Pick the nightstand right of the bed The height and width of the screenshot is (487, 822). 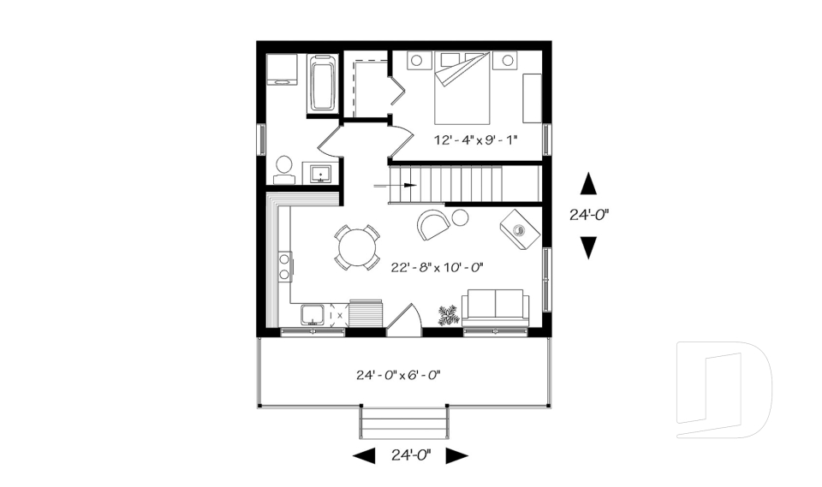(x=507, y=60)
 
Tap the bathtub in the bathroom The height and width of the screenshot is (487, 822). (x=322, y=84)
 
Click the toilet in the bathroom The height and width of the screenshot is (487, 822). (x=283, y=169)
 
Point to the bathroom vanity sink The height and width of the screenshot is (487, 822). (x=321, y=172)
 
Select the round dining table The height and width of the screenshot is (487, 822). (x=356, y=248)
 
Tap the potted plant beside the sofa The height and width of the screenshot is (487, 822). (x=448, y=315)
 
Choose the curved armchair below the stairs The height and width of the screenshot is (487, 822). (x=433, y=224)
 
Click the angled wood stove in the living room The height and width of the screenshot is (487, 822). (x=520, y=229)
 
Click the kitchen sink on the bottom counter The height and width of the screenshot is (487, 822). (x=311, y=314)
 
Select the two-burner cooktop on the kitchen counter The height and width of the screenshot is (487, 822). (x=284, y=266)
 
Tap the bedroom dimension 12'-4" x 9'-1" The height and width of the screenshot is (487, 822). (x=475, y=140)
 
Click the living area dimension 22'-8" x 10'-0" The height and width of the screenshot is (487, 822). (x=437, y=267)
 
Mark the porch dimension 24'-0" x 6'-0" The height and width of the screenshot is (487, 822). (x=398, y=374)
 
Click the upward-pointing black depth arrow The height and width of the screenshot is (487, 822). (x=588, y=184)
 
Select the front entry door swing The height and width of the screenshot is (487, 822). (x=404, y=320)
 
